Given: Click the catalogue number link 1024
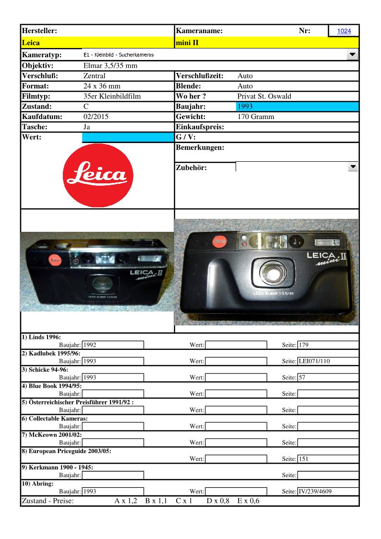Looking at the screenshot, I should click(x=344, y=31).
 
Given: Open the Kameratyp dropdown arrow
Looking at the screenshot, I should click(x=353, y=55).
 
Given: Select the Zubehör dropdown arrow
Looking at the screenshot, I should click(x=353, y=167).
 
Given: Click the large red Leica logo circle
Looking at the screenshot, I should click(x=97, y=175).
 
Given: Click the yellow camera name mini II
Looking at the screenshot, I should click(x=188, y=43).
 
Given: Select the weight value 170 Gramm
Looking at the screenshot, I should click(x=256, y=117).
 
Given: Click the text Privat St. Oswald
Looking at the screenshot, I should click(x=264, y=96).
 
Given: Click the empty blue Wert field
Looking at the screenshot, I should click(x=128, y=138).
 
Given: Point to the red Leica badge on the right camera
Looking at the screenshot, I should click(x=220, y=240).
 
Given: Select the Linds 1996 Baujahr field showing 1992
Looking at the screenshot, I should click(x=113, y=345).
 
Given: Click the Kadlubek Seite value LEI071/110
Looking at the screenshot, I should click(x=328, y=361).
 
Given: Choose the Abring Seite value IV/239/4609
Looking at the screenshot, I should click(x=328, y=491).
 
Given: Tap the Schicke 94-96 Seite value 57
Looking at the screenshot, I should click(x=328, y=377).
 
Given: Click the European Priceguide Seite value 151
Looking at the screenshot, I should click(x=328, y=459).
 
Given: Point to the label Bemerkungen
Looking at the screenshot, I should click(x=200, y=148).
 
